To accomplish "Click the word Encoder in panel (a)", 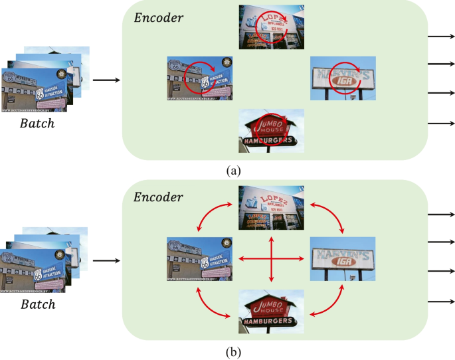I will click(159, 18).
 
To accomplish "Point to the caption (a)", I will click(233, 171).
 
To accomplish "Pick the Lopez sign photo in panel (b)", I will click(271, 209).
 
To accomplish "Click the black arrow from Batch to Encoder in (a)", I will click(106, 80).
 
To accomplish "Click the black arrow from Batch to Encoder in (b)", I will click(106, 262).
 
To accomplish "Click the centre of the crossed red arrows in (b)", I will click(271, 258).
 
